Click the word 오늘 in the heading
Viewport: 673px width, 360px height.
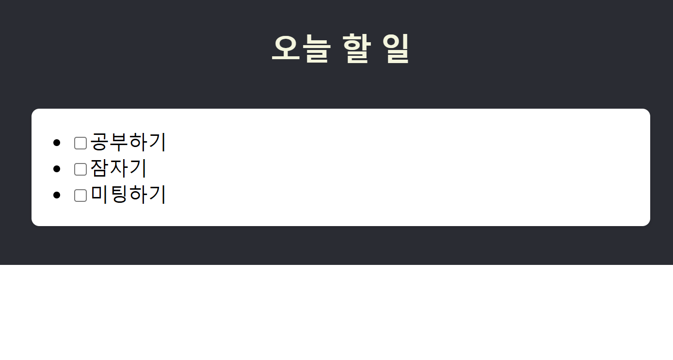click(x=301, y=49)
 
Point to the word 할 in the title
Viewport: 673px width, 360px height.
click(x=356, y=49)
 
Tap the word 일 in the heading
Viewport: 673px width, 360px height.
click(x=396, y=49)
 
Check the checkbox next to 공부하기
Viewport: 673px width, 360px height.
click(x=80, y=143)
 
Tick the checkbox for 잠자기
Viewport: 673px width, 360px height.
click(x=80, y=169)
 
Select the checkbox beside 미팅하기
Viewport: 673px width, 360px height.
click(x=80, y=196)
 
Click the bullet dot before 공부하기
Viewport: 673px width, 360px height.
click(x=57, y=143)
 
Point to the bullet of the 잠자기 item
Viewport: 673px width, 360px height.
click(x=57, y=169)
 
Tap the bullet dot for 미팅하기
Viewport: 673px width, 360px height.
click(x=57, y=195)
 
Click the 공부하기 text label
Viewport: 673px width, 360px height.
click(x=128, y=142)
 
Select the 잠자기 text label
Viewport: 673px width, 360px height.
click(x=118, y=168)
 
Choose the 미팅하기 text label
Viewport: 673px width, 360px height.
click(x=128, y=195)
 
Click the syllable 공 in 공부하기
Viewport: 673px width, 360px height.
click(x=99, y=142)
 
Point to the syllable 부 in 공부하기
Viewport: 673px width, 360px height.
click(x=119, y=142)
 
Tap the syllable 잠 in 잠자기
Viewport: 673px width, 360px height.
click(x=99, y=168)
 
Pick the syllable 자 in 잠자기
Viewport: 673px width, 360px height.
click(x=119, y=168)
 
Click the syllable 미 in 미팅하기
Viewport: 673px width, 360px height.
click(x=99, y=195)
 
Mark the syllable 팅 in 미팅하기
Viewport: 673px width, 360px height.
click(x=119, y=195)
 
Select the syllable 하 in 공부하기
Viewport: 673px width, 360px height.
click(x=138, y=142)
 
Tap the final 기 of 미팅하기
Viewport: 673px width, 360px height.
click(x=157, y=195)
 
